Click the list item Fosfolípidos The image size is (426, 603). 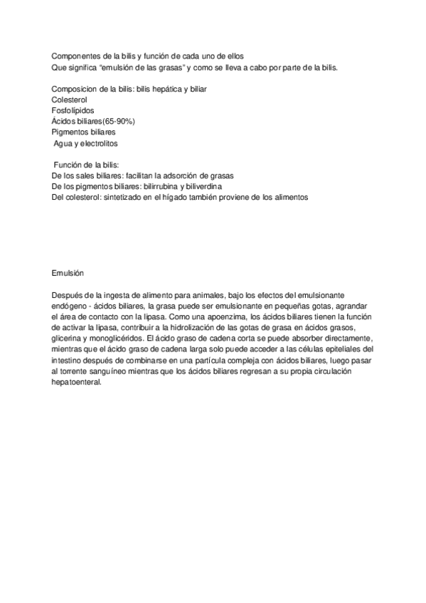73,110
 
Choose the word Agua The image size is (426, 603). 65,143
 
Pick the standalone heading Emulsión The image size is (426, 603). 68,273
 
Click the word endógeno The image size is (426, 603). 71,306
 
